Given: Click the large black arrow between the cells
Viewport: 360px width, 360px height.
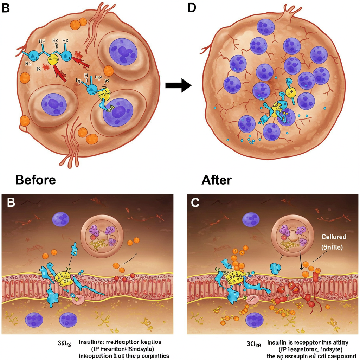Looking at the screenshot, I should [x=178, y=85].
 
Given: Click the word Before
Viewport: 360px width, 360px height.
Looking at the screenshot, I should [x=36, y=180].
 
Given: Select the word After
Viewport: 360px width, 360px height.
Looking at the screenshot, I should [x=217, y=180].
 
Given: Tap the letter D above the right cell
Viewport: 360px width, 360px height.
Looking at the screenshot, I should [x=192, y=7].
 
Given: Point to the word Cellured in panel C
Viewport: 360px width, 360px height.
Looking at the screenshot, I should [x=334, y=237].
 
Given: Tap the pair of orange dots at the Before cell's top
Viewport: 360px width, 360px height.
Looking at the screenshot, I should [x=78, y=24].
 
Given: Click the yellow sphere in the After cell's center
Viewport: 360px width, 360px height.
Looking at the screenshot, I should [x=290, y=92].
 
